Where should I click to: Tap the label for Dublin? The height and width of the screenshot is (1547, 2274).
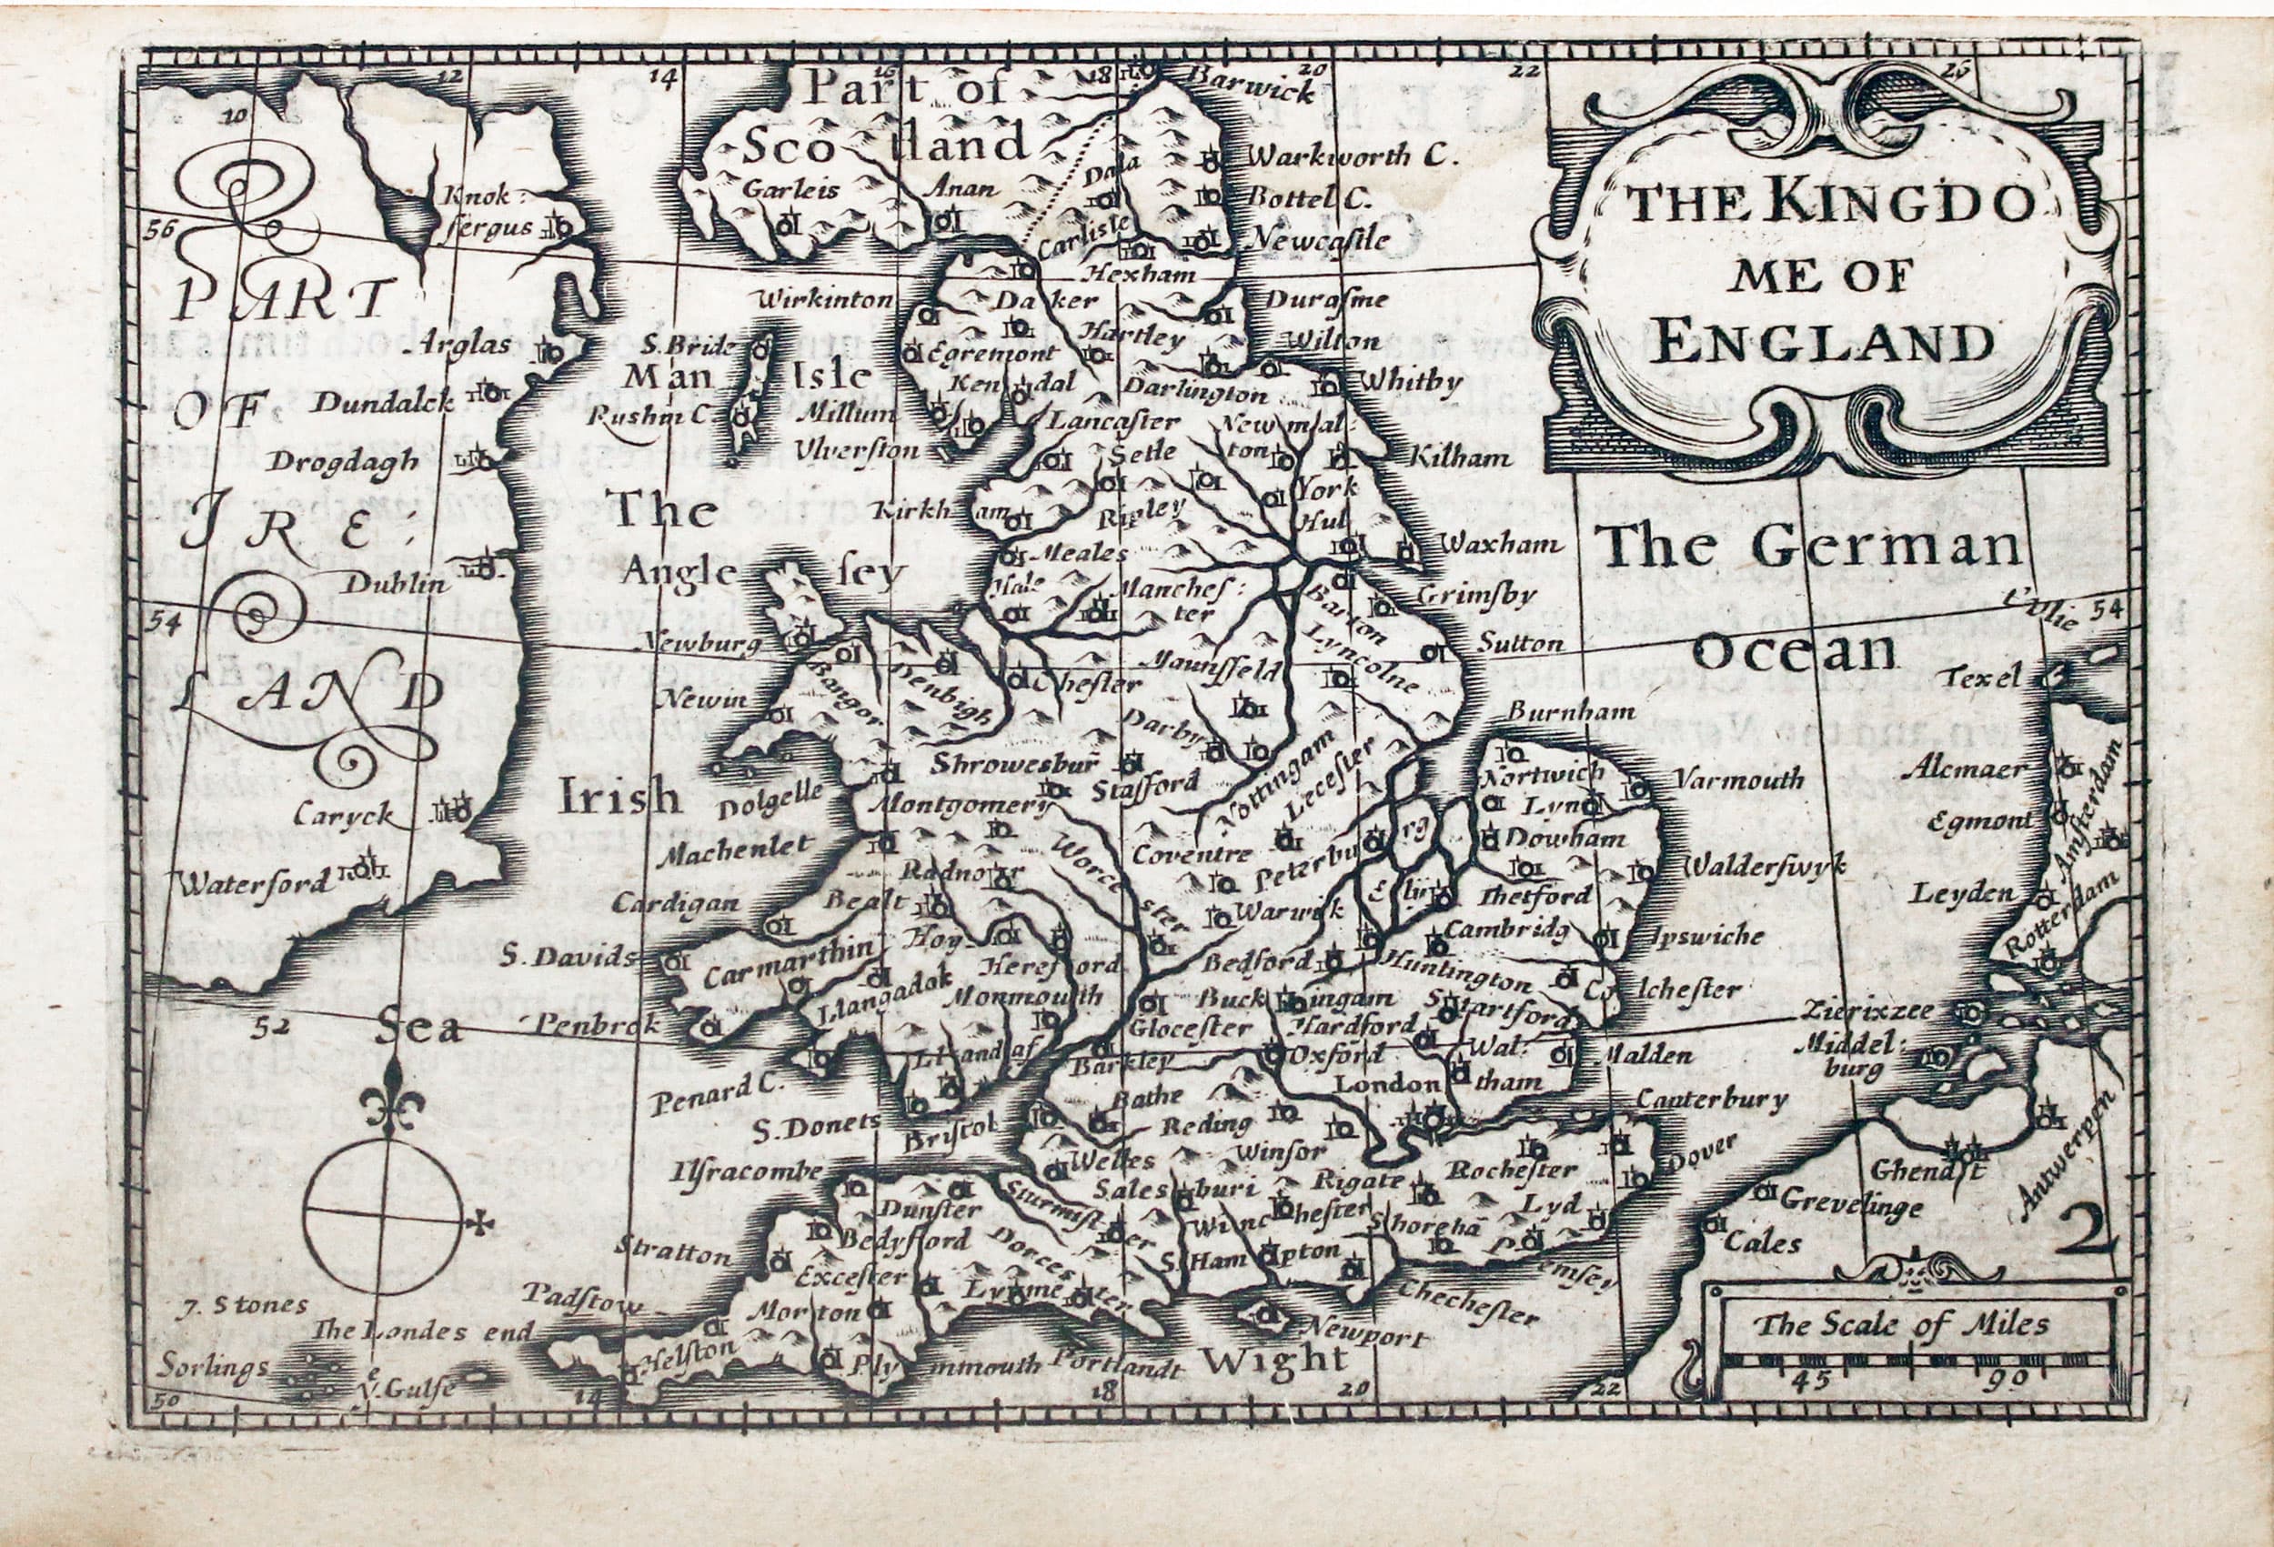[x=395, y=584]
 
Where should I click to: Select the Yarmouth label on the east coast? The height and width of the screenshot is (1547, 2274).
[x=1737, y=779]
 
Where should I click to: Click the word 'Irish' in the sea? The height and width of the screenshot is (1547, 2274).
[x=619, y=798]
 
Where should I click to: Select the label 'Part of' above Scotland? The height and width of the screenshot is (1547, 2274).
[x=905, y=90]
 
